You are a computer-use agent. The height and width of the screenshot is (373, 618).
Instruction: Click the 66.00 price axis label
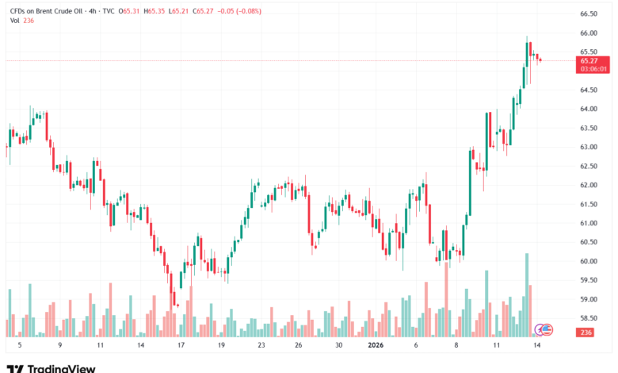588,33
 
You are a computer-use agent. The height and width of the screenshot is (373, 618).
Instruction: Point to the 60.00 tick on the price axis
588,261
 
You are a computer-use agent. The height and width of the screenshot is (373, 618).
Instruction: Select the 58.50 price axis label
588,318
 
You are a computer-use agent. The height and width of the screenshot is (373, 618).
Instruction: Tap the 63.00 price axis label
588,147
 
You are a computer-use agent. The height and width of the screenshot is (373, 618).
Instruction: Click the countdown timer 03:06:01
593,69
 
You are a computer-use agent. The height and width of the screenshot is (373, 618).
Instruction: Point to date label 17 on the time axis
181,346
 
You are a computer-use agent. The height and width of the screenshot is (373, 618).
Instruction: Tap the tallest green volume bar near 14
526,294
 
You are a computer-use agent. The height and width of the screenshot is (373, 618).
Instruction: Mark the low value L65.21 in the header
185,11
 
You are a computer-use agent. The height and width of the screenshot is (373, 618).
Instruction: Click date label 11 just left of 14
496,346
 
